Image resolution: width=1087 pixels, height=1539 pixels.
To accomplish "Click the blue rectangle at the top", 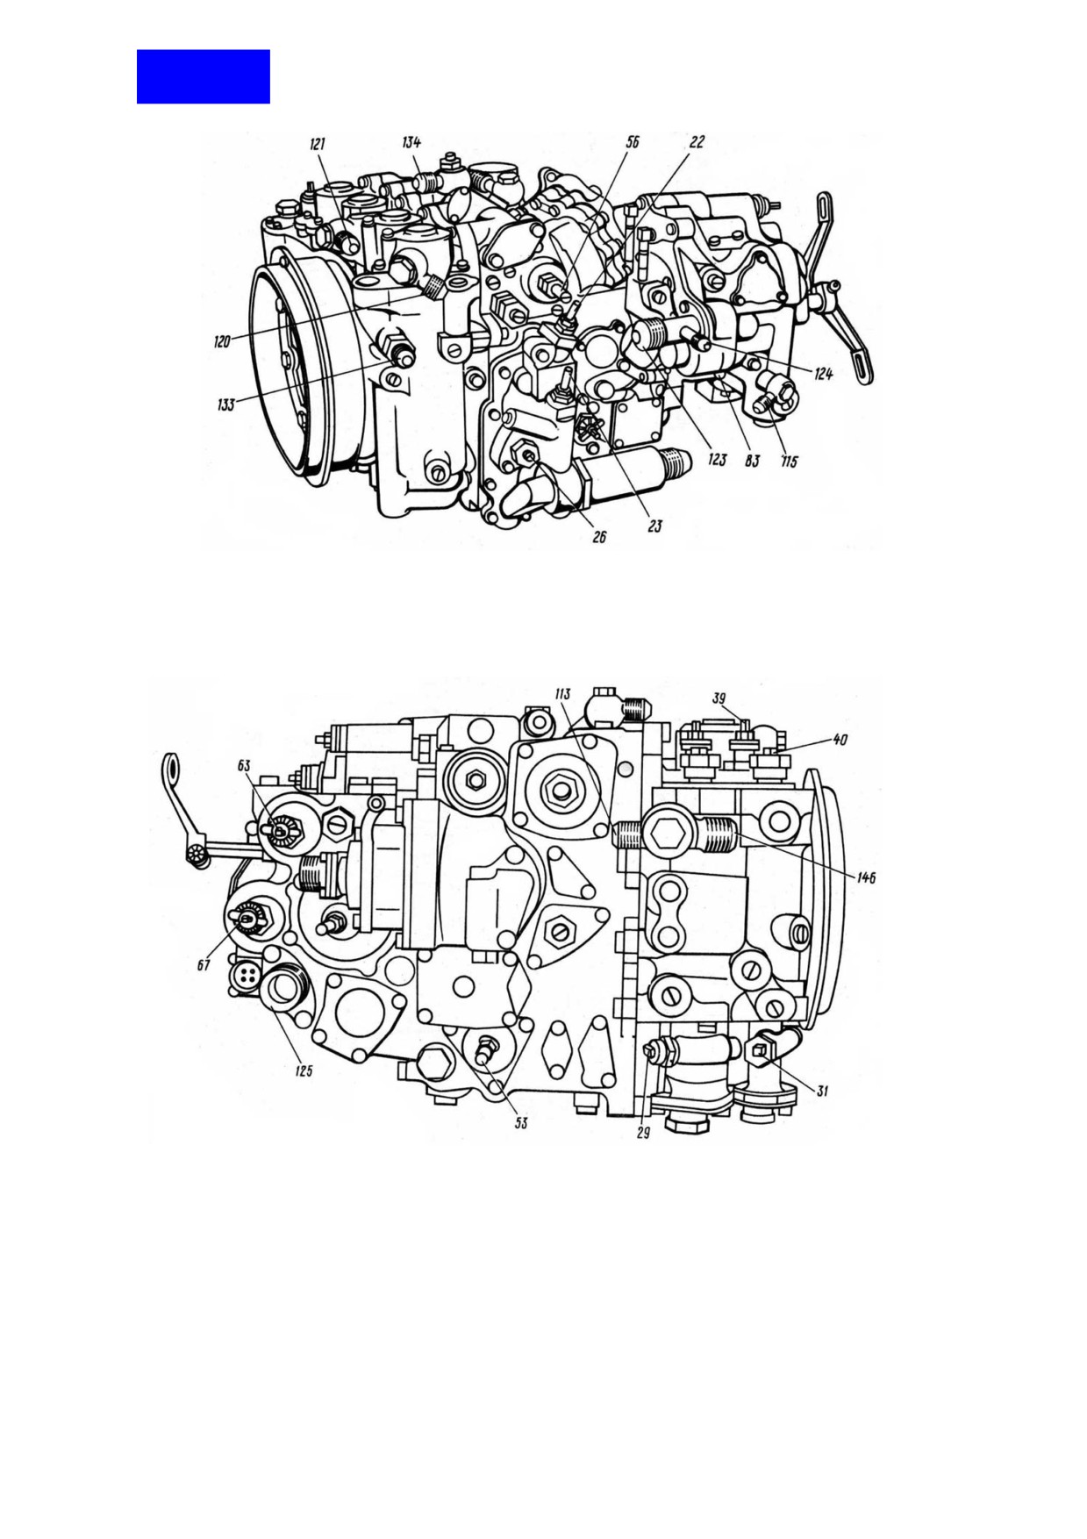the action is point(203,76).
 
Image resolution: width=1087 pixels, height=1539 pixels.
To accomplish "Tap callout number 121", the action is point(318,145).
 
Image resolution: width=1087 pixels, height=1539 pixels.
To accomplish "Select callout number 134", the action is point(411,142).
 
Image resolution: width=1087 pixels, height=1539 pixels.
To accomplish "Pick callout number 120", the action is point(223,342).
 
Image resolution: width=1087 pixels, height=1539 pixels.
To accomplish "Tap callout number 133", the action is point(225,404).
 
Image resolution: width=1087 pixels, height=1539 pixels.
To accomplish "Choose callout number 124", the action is point(822,375).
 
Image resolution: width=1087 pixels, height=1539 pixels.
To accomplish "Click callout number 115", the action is point(789,462).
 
